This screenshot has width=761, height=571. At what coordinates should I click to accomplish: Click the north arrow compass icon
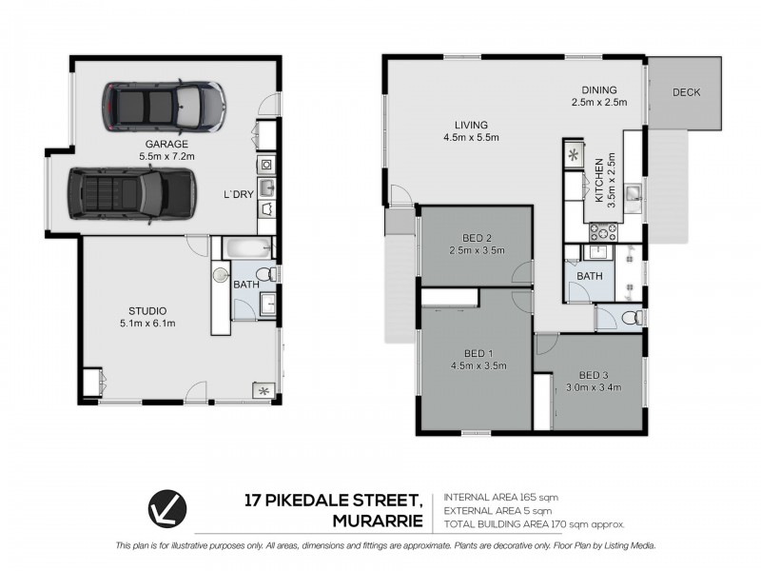pyautogui.click(x=167, y=508)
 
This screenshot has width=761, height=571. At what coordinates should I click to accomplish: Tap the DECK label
pyautogui.click(x=686, y=92)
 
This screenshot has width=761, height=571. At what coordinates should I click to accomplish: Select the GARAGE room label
pyautogui.click(x=166, y=144)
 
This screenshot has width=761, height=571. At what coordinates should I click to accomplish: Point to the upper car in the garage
pyautogui.click(x=164, y=107)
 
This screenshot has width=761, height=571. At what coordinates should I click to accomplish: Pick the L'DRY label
pyautogui.click(x=239, y=194)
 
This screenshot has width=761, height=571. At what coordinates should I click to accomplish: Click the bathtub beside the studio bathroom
pyautogui.click(x=247, y=248)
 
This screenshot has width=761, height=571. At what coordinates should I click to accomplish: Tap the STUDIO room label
pyautogui.click(x=147, y=311)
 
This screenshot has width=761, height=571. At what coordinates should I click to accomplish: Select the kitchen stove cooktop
pyautogui.click(x=603, y=232)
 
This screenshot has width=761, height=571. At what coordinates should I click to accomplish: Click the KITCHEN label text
pyautogui.click(x=599, y=180)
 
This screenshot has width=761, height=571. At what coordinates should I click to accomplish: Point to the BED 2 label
pyautogui.click(x=478, y=238)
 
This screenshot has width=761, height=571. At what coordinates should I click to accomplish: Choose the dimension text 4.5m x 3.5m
pyautogui.click(x=478, y=365)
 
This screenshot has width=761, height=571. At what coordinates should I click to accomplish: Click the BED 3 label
pyautogui.click(x=594, y=375)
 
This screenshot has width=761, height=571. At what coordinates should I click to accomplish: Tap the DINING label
pyautogui.click(x=599, y=89)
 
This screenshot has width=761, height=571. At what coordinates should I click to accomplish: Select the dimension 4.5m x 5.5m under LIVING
pyautogui.click(x=471, y=137)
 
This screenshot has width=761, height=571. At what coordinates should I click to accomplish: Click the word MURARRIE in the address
pyautogui.click(x=378, y=521)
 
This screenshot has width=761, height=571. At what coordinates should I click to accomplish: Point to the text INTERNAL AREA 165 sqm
pyautogui.click(x=501, y=497)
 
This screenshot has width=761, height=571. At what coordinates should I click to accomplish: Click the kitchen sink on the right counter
pyautogui.click(x=634, y=193)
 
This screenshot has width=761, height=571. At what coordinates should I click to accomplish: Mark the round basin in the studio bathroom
pyautogui.click(x=221, y=275)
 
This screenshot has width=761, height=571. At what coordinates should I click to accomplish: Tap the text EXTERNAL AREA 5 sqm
pyautogui.click(x=498, y=511)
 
